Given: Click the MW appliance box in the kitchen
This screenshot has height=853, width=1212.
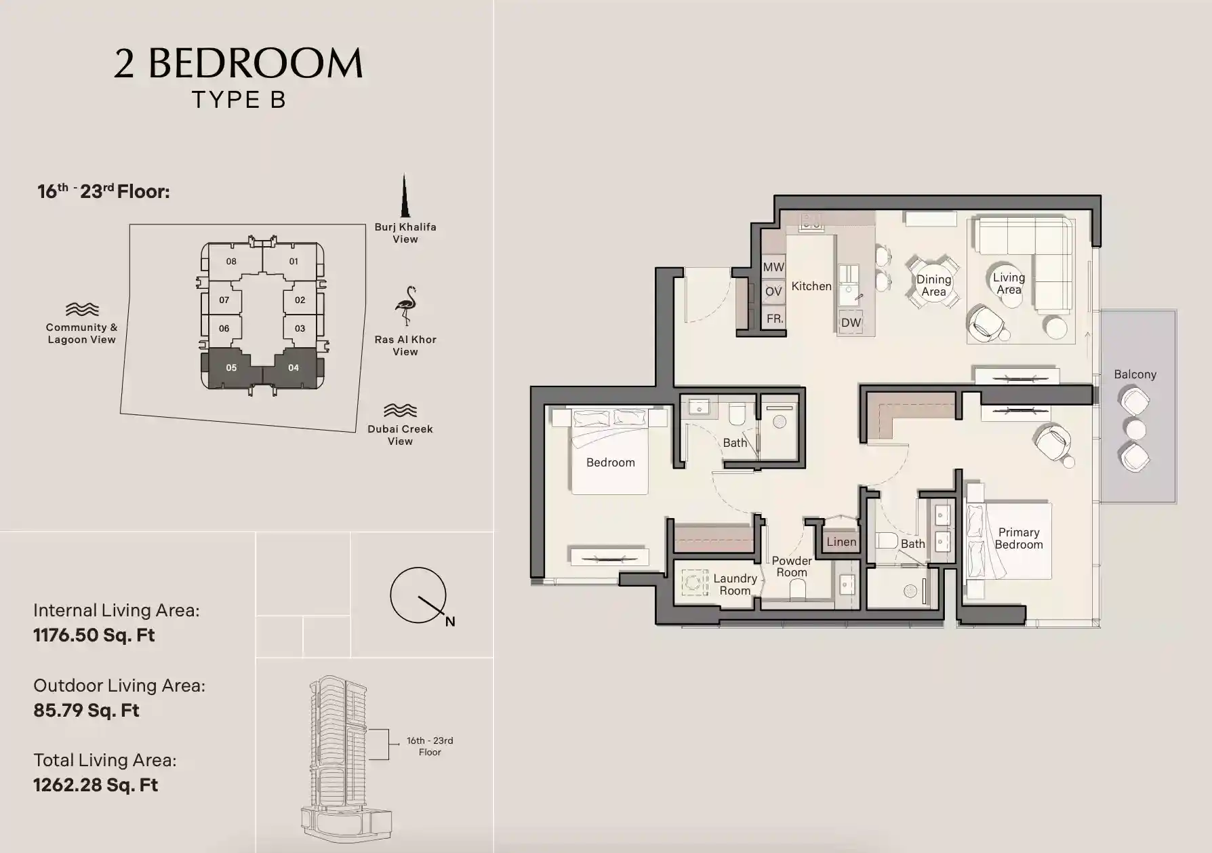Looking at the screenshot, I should click(773, 267).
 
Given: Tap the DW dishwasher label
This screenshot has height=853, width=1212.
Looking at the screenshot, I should click(851, 323).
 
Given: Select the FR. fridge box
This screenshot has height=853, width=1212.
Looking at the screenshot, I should click(774, 319).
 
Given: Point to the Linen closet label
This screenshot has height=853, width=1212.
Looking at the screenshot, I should click(841, 542).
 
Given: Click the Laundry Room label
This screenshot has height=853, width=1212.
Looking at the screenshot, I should click(735, 584).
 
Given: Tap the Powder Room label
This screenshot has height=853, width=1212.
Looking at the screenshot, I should click(792, 566).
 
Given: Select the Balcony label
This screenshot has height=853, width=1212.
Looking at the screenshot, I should click(1135, 374).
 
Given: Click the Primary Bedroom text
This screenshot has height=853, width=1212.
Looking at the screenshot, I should click(1018, 538).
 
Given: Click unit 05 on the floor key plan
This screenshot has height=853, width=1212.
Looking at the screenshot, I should click(231, 368).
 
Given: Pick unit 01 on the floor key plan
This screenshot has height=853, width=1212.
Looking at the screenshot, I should click(293, 261).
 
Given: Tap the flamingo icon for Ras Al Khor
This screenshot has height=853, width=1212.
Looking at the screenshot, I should click(406, 306).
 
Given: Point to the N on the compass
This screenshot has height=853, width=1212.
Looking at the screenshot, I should click(450, 622).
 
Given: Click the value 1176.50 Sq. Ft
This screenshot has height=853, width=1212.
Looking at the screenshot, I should click(94, 635).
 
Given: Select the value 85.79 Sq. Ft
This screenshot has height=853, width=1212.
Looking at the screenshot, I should click(86, 711).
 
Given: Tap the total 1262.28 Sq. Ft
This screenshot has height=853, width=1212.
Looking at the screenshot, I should click(96, 785).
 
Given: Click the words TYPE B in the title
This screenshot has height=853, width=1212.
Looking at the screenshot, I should click(239, 100).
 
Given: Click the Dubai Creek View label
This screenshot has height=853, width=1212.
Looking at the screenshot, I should click(400, 435).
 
